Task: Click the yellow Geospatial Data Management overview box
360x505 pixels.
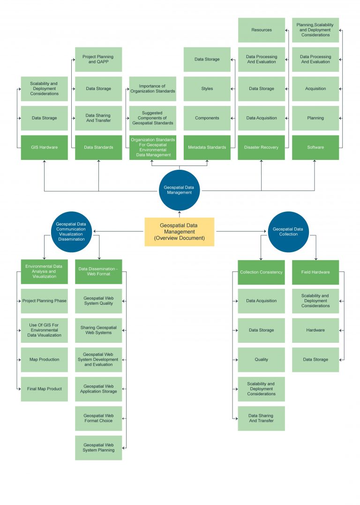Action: click(179, 232)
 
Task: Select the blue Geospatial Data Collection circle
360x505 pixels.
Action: click(288, 232)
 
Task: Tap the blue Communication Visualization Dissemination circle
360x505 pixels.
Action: click(71, 232)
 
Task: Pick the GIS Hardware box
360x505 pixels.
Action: click(45, 147)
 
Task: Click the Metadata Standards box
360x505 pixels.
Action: click(207, 147)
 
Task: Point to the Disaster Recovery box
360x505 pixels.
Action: click(261, 147)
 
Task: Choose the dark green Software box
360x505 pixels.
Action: click(315, 147)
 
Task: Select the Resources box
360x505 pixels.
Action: click(261, 30)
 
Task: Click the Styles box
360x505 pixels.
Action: click(207, 89)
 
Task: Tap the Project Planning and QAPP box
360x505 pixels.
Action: click(98, 59)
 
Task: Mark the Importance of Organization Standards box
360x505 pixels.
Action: click(153, 89)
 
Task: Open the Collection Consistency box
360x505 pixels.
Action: click(261, 272)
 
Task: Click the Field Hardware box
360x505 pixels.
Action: click(315, 272)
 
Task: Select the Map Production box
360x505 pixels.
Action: click(45, 360)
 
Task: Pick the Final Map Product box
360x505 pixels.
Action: click(45, 389)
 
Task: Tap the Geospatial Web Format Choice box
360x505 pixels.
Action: click(98, 418)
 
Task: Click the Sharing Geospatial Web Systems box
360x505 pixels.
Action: click(98, 330)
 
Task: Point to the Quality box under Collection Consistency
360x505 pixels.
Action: click(261, 360)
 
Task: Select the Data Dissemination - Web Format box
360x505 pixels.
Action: click(98, 271)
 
